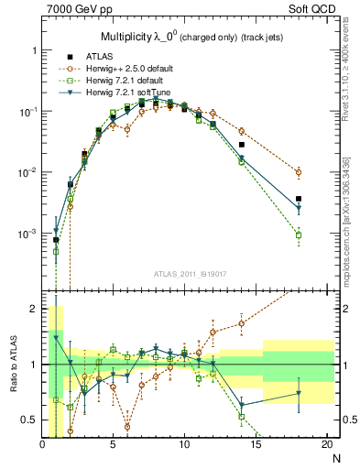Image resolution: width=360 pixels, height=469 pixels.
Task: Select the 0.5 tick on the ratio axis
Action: tap(30, 420)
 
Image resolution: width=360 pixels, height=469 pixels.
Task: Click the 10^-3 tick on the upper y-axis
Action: tap(26, 234)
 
